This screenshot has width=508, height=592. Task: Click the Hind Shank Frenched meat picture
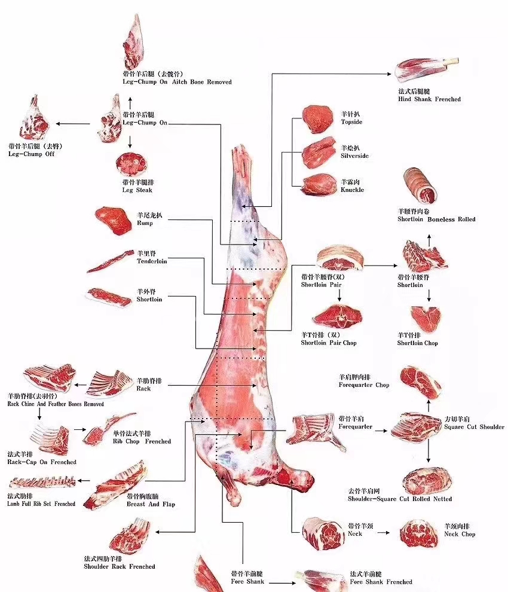coord(422,70)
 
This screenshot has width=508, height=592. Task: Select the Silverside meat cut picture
coord(319,153)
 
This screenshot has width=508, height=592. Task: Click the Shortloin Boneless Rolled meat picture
coord(420,185)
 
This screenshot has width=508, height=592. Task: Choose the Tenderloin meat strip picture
coord(110,262)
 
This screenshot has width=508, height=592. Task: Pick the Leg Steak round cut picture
coord(130,164)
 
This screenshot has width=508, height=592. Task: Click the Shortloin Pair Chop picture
coord(336,316)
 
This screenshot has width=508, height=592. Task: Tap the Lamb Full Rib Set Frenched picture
coord(42,481)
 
